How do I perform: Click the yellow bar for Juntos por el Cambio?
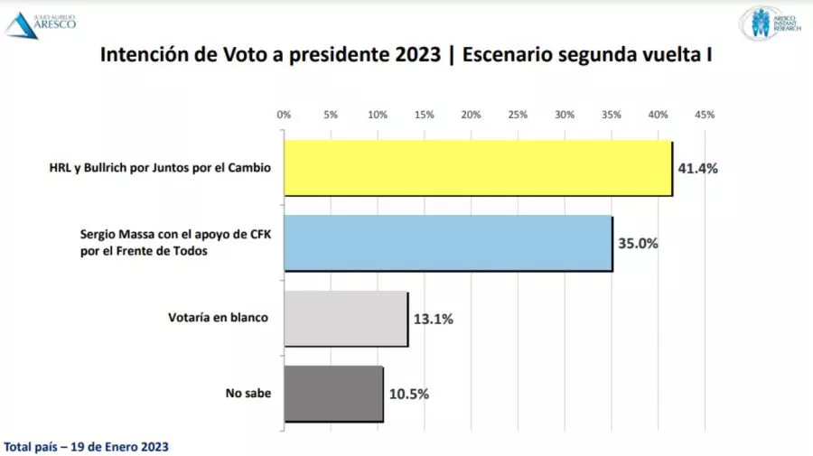point(478,168)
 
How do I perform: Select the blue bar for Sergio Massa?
point(448,243)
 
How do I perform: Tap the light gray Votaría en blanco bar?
point(345,319)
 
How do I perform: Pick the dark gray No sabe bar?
point(333,394)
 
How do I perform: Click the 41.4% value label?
point(698,168)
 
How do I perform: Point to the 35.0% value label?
point(639,243)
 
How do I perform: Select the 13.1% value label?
point(434,319)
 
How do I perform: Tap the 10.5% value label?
point(409,394)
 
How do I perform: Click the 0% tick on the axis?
point(284,115)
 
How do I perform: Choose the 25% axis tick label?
point(518,115)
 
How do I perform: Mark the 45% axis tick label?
point(705,115)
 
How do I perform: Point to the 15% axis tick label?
point(425,115)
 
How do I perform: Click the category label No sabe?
point(248,394)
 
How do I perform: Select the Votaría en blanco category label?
point(219,318)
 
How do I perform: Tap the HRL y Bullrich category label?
point(160,168)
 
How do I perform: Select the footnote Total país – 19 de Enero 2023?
point(87,446)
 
